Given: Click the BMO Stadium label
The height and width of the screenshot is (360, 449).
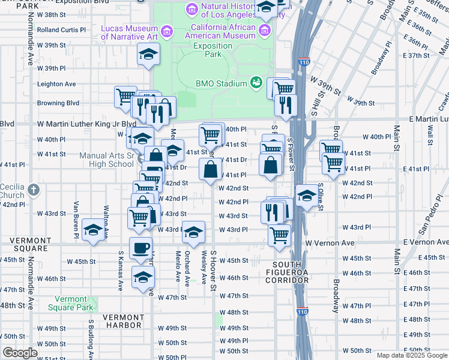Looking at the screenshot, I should pyautogui.click(x=221, y=83).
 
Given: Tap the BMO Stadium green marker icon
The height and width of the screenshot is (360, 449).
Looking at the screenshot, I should pyautogui.click(x=256, y=82).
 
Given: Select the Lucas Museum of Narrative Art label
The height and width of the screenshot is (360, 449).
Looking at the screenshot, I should pyautogui.click(x=129, y=32).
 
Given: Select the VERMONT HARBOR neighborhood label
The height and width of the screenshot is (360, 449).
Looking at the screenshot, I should pyautogui.click(x=122, y=325).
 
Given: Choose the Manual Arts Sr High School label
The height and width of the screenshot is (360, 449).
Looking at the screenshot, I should pyautogui.click(x=107, y=160).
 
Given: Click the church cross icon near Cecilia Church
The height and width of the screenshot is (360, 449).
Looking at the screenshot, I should pyautogui.click(x=34, y=190).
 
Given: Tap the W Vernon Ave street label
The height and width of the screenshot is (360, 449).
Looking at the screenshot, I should pyautogui.click(x=330, y=242).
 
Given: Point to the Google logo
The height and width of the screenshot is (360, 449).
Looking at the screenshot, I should pyautogui.click(x=20, y=353).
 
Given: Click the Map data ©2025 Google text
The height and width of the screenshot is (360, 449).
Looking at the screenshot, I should pyautogui.click(x=412, y=355).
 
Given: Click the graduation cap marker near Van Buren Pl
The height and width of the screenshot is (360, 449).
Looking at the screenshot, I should pyautogui.click(x=93, y=230).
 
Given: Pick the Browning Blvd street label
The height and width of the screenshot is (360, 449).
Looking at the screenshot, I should pyautogui.click(x=58, y=103).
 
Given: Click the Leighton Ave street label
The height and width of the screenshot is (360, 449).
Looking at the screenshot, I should pyautogui.click(x=56, y=84).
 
